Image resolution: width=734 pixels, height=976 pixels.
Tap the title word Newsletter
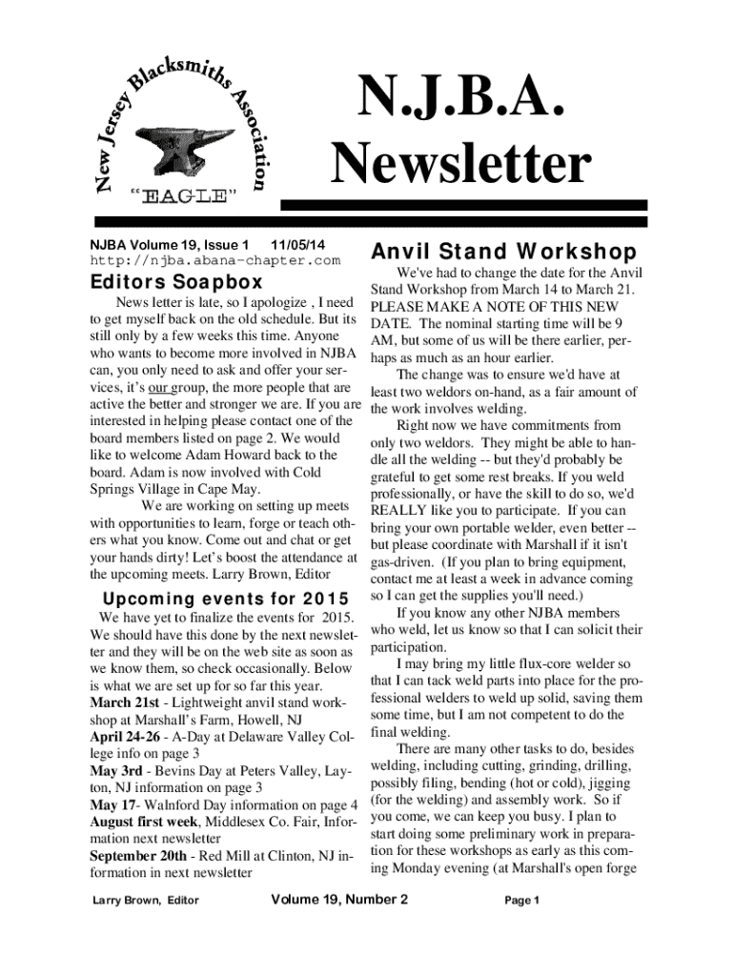point(461,164)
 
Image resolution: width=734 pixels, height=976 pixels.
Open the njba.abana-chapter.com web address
point(214,259)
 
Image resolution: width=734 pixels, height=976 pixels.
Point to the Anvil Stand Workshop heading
point(503,253)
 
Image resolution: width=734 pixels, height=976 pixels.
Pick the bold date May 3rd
point(116,770)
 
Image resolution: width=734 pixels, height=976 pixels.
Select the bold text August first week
point(144,821)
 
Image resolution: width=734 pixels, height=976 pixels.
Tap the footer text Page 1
point(522,901)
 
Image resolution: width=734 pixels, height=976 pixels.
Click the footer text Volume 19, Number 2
point(339,900)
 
